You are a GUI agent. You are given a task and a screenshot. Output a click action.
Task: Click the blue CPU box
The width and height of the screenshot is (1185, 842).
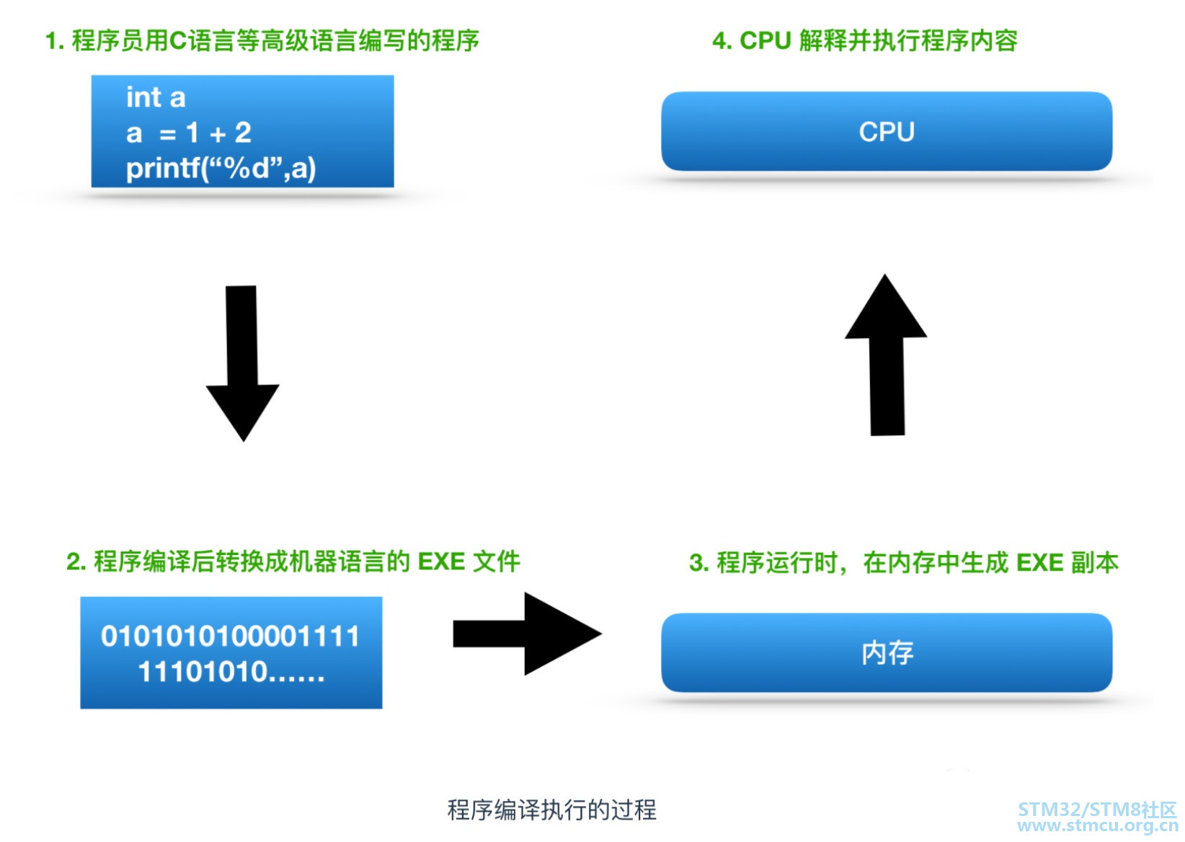(x=886, y=132)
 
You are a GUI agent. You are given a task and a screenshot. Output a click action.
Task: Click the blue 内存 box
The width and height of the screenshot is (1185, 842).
(x=886, y=652)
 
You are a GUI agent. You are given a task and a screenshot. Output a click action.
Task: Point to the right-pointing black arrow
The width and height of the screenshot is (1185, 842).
(x=527, y=634)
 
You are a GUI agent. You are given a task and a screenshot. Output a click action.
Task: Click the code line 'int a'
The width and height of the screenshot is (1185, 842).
(x=156, y=97)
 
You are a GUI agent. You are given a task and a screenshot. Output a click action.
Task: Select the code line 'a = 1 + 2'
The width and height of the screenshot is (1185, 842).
(x=188, y=133)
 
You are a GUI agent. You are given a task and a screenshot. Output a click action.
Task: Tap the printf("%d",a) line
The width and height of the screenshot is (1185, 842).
(x=221, y=169)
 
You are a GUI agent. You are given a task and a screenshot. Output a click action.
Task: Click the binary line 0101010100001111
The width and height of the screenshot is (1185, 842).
(x=230, y=637)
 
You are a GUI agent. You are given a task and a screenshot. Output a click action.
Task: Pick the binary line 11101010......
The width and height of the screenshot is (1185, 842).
(x=230, y=673)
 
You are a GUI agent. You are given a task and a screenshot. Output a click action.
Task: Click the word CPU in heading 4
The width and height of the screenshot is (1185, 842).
(x=765, y=41)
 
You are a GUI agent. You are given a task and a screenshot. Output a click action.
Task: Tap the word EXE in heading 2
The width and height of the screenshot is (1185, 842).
(x=441, y=561)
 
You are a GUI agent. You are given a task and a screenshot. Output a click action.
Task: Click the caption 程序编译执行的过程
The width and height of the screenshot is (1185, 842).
(x=551, y=810)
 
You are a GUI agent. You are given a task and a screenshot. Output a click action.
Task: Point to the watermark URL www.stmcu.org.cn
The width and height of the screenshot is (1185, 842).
(x=1097, y=826)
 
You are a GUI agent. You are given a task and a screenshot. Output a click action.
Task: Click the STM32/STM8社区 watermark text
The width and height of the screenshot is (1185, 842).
(x=1097, y=809)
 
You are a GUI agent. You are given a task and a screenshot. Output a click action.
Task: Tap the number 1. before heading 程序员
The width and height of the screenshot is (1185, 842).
(x=54, y=41)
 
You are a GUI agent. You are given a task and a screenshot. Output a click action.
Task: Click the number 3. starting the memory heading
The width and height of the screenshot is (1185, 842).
(x=698, y=562)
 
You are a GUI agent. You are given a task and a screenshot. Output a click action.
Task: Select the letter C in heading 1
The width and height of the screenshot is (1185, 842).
(x=177, y=41)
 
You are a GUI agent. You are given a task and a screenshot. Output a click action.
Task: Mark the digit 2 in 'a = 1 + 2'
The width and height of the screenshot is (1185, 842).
(x=243, y=133)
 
